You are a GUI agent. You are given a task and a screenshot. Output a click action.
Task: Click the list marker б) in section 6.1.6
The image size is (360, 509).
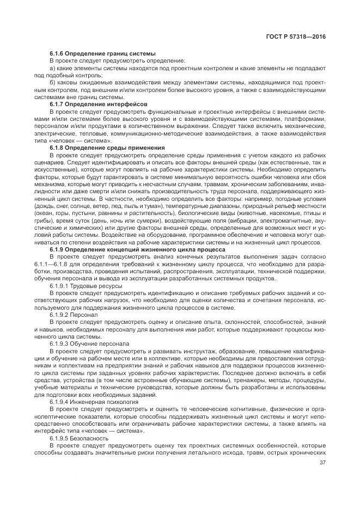pos(53,82)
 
